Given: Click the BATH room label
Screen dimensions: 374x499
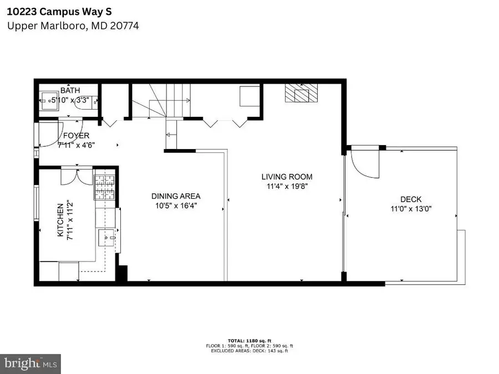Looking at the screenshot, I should [x=70, y=90].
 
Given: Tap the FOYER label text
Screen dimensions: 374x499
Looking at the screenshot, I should [x=76, y=136].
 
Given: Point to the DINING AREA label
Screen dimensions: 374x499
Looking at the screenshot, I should [x=176, y=196].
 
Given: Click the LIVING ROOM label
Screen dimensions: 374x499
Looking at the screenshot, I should [x=283, y=177].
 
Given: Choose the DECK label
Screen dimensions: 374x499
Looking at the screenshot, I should [x=411, y=199].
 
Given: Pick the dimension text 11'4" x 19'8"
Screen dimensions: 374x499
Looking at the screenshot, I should [x=283, y=187].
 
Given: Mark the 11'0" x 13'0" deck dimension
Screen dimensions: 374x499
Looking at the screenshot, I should [x=411, y=209].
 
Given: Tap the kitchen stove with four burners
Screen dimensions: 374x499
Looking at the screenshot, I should [x=104, y=187].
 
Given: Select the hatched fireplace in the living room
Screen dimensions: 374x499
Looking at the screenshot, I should [x=298, y=94].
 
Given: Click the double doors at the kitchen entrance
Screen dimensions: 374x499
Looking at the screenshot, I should [x=77, y=176].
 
